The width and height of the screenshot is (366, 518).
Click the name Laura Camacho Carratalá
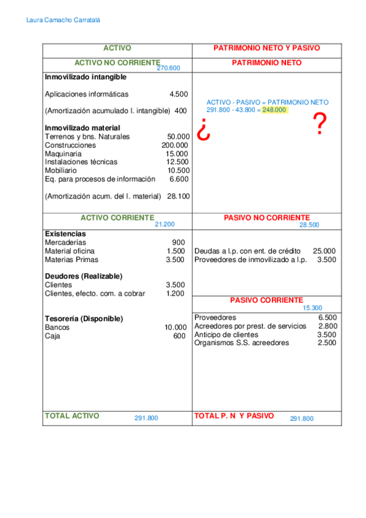click(x=64, y=20)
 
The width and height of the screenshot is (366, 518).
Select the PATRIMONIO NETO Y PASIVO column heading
click(x=267, y=48)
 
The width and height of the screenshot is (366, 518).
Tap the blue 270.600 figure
click(x=169, y=68)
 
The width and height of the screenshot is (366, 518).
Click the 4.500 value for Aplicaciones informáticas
click(x=179, y=94)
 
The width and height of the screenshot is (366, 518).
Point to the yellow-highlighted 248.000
click(x=274, y=110)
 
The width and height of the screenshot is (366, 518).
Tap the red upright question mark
click(x=318, y=125)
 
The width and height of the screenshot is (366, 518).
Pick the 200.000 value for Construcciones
click(x=175, y=145)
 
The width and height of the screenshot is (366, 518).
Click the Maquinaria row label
click(x=64, y=154)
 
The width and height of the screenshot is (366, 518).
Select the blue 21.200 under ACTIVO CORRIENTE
click(x=165, y=225)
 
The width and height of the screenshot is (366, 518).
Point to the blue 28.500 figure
click(x=309, y=225)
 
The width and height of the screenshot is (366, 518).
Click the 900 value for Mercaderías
click(x=178, y=243)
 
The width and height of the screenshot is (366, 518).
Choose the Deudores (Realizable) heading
click(x=84, y=276)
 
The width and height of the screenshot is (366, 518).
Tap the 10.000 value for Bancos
click(x=176, y=327)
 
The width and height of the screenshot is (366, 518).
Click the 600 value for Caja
click(x=179, y=336)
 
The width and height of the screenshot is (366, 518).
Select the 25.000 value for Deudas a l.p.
click(x=324, y=251)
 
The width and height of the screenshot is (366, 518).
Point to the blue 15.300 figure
click(x=312, y=308)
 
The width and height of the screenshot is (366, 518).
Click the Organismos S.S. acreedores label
click(x=241, y=343)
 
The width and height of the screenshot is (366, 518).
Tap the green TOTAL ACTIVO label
click(x=72, y=415)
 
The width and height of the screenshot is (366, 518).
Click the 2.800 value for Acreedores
click(x=328, y=326)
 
